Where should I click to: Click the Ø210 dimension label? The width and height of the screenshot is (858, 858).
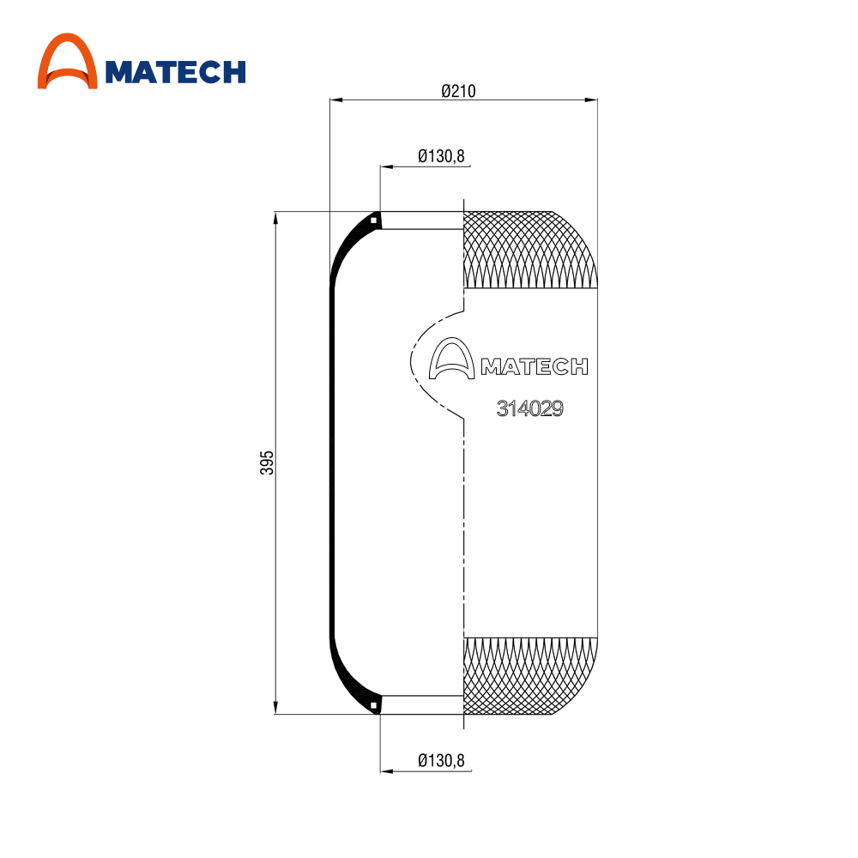click(x=458, y=91)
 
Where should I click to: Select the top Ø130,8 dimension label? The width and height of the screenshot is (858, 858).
click(x=441, y=156)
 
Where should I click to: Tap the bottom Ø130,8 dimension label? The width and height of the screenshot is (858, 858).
click(x=441, y=760)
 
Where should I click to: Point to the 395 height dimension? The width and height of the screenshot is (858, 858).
click(x=267, y=462)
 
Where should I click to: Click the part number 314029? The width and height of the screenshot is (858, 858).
click(x=529, y=408)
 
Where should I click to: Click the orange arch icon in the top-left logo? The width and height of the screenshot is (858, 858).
click(x=67, y=61)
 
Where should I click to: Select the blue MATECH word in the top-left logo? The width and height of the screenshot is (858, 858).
click(x=175, y=72)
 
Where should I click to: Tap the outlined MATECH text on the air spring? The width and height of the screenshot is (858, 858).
click(x=535, y=366)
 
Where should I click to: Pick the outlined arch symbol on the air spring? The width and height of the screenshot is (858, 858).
click(x=451, y=359)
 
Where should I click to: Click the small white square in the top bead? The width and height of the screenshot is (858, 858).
click(x=374, y=221)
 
